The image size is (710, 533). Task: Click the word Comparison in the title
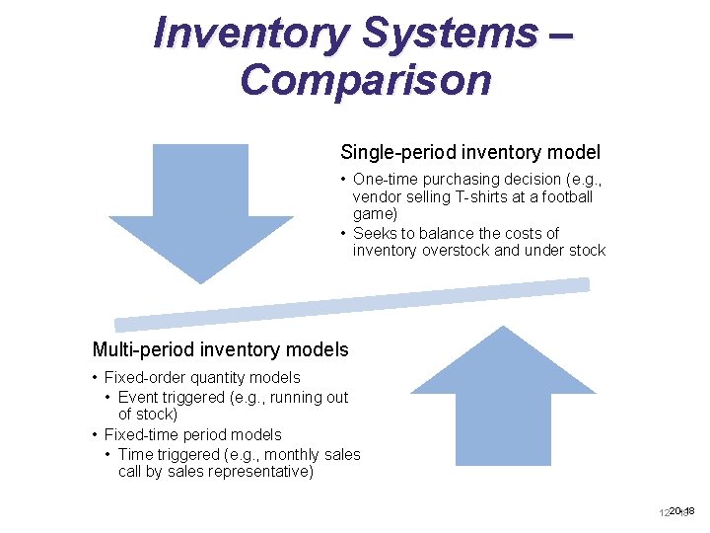[x=365, y=79]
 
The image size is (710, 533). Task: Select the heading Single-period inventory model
[x=469, y=152]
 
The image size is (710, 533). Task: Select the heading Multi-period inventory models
[x=220, y=349]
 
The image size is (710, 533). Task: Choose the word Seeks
[x=373, y=234]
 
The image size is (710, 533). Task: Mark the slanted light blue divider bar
[x=352, y=304]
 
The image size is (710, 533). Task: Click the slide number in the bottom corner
[x=678, y=511]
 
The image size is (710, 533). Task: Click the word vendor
[x=376, y=196]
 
